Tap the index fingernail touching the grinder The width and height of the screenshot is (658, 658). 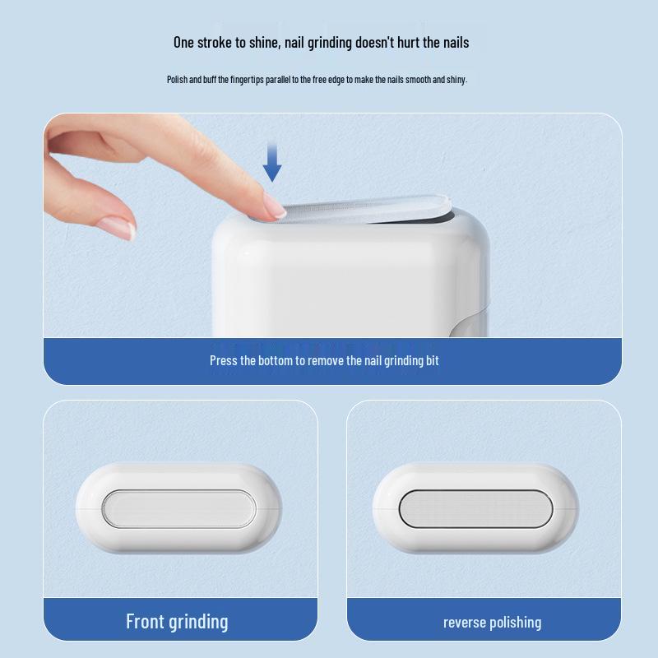(275, 211)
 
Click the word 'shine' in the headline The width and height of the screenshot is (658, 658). (262, 43)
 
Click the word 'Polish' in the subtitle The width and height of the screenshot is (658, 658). (178, 80)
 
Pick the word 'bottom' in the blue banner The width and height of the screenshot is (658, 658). (276, 360)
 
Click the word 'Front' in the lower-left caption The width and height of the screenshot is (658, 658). (145, 621)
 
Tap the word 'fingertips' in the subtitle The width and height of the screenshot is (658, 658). (248, 80)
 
